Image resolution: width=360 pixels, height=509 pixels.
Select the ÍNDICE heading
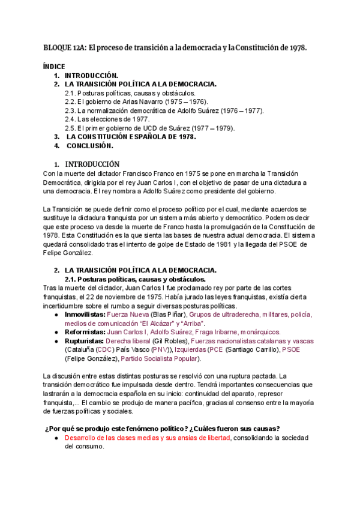[55, 67]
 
